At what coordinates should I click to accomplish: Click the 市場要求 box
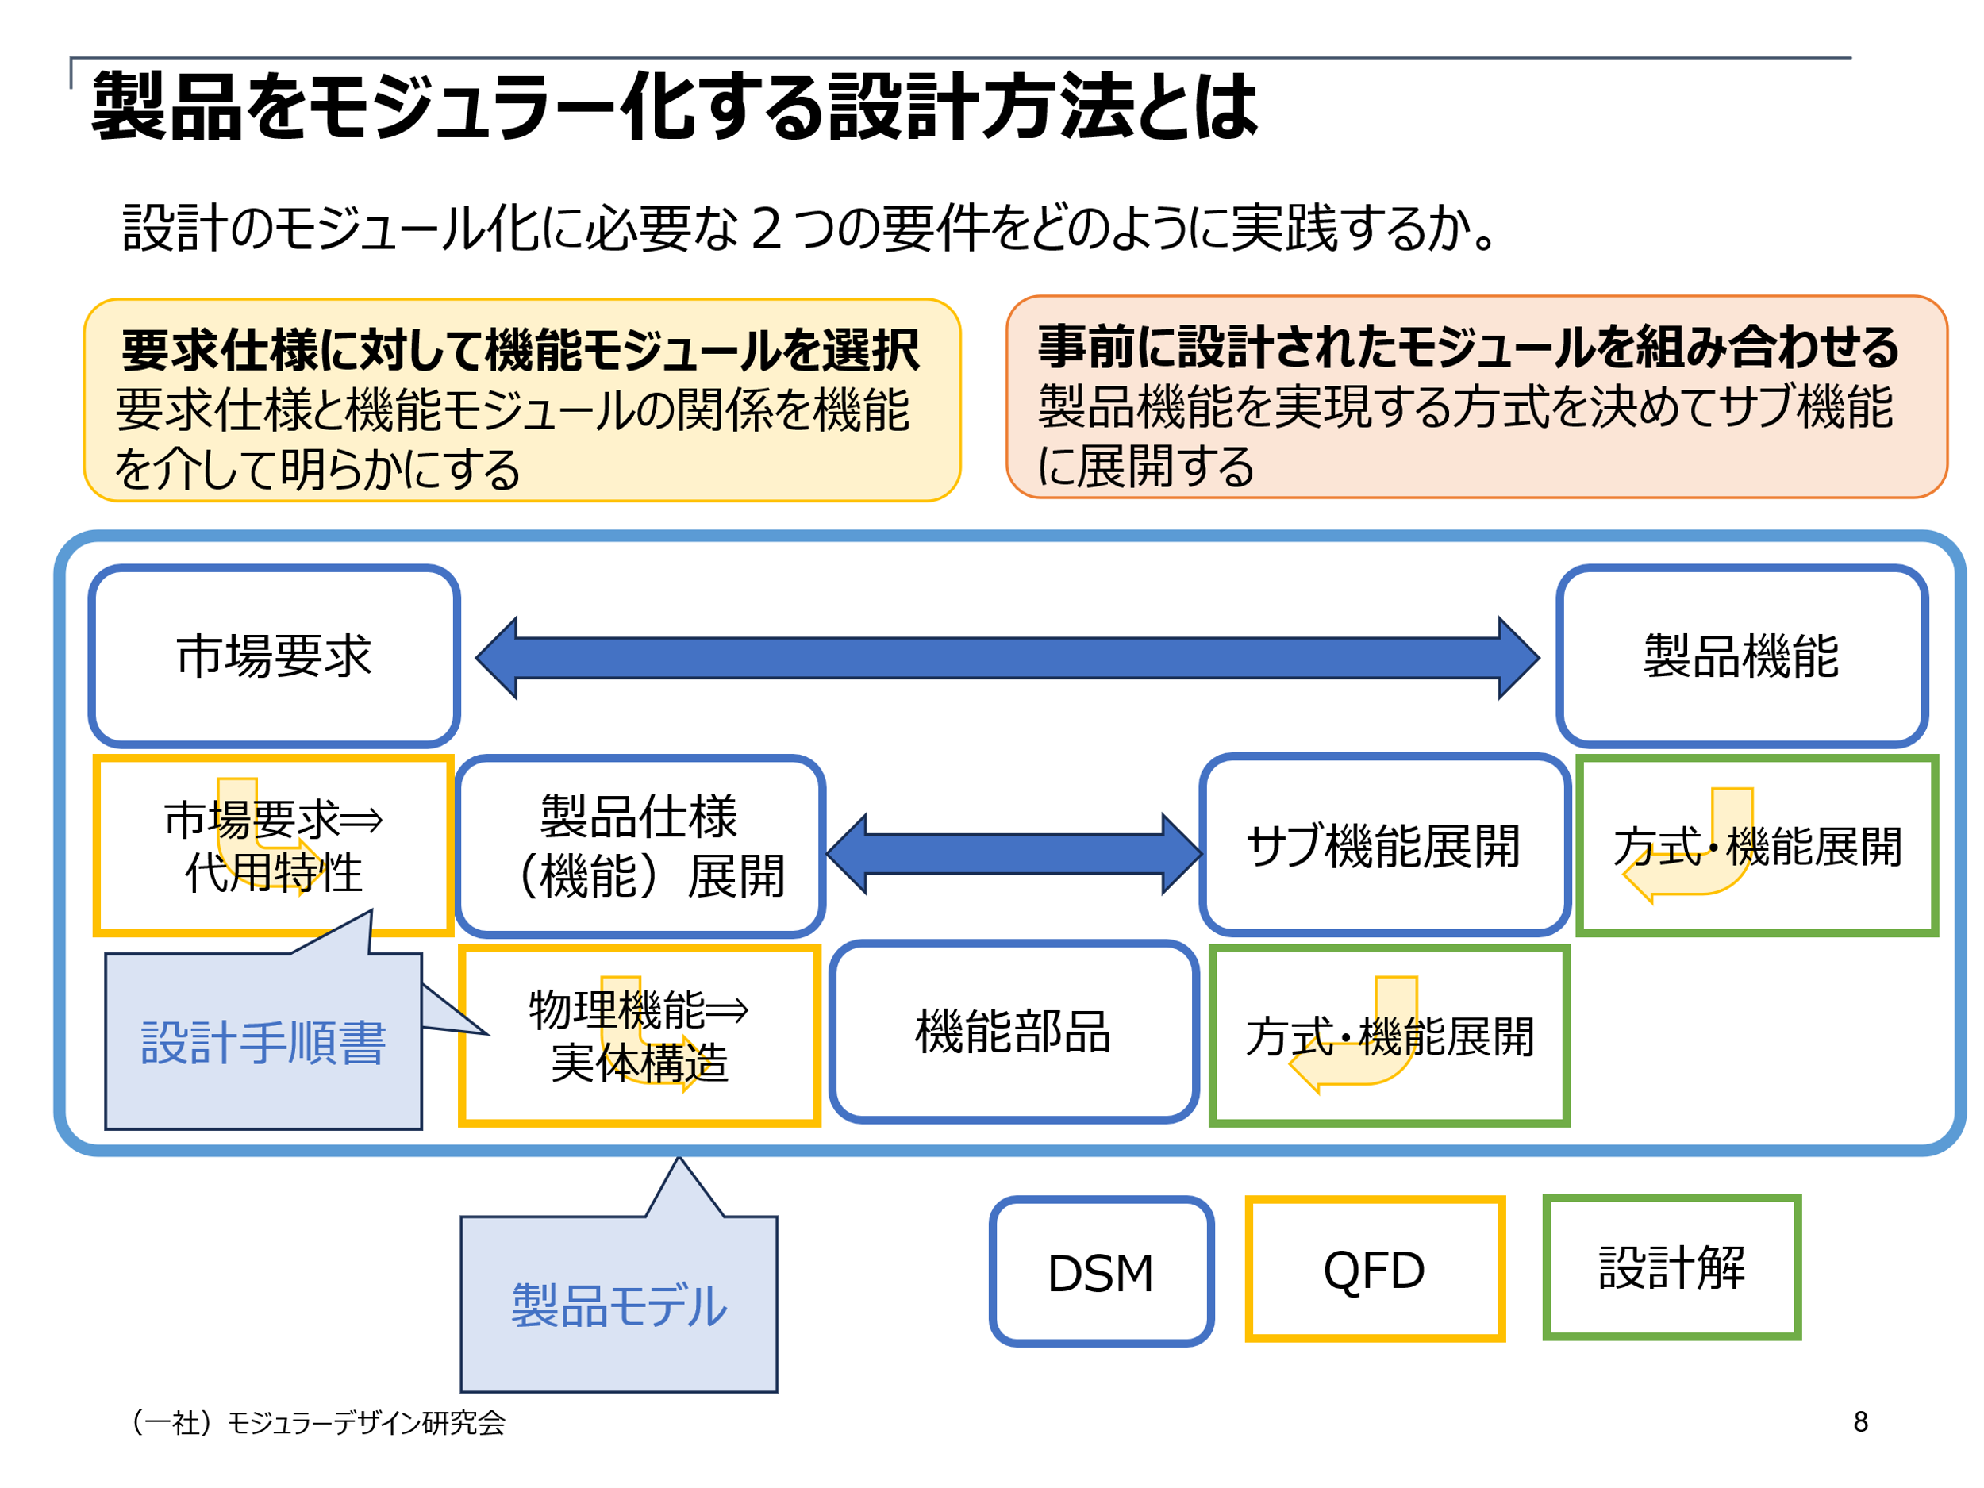275,656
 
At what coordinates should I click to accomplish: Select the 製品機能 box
1741,656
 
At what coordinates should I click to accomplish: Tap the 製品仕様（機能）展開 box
640,846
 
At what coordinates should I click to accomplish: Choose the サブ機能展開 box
1385,845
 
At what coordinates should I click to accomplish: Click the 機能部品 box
1014,1032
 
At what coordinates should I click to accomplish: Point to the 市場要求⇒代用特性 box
274,846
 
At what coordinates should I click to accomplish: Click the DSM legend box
1102,1271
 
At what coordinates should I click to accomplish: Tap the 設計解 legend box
1672,1267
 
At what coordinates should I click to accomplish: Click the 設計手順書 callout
263,1040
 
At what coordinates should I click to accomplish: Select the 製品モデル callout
619,1304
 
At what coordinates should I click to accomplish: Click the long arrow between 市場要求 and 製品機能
1007,657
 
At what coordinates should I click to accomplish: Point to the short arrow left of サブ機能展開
1013,854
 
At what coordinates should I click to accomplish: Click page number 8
1860,1422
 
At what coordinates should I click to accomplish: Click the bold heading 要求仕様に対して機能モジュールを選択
521,350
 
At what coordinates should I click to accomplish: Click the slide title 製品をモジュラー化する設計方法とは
675,106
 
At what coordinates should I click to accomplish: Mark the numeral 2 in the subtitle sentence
766,228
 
